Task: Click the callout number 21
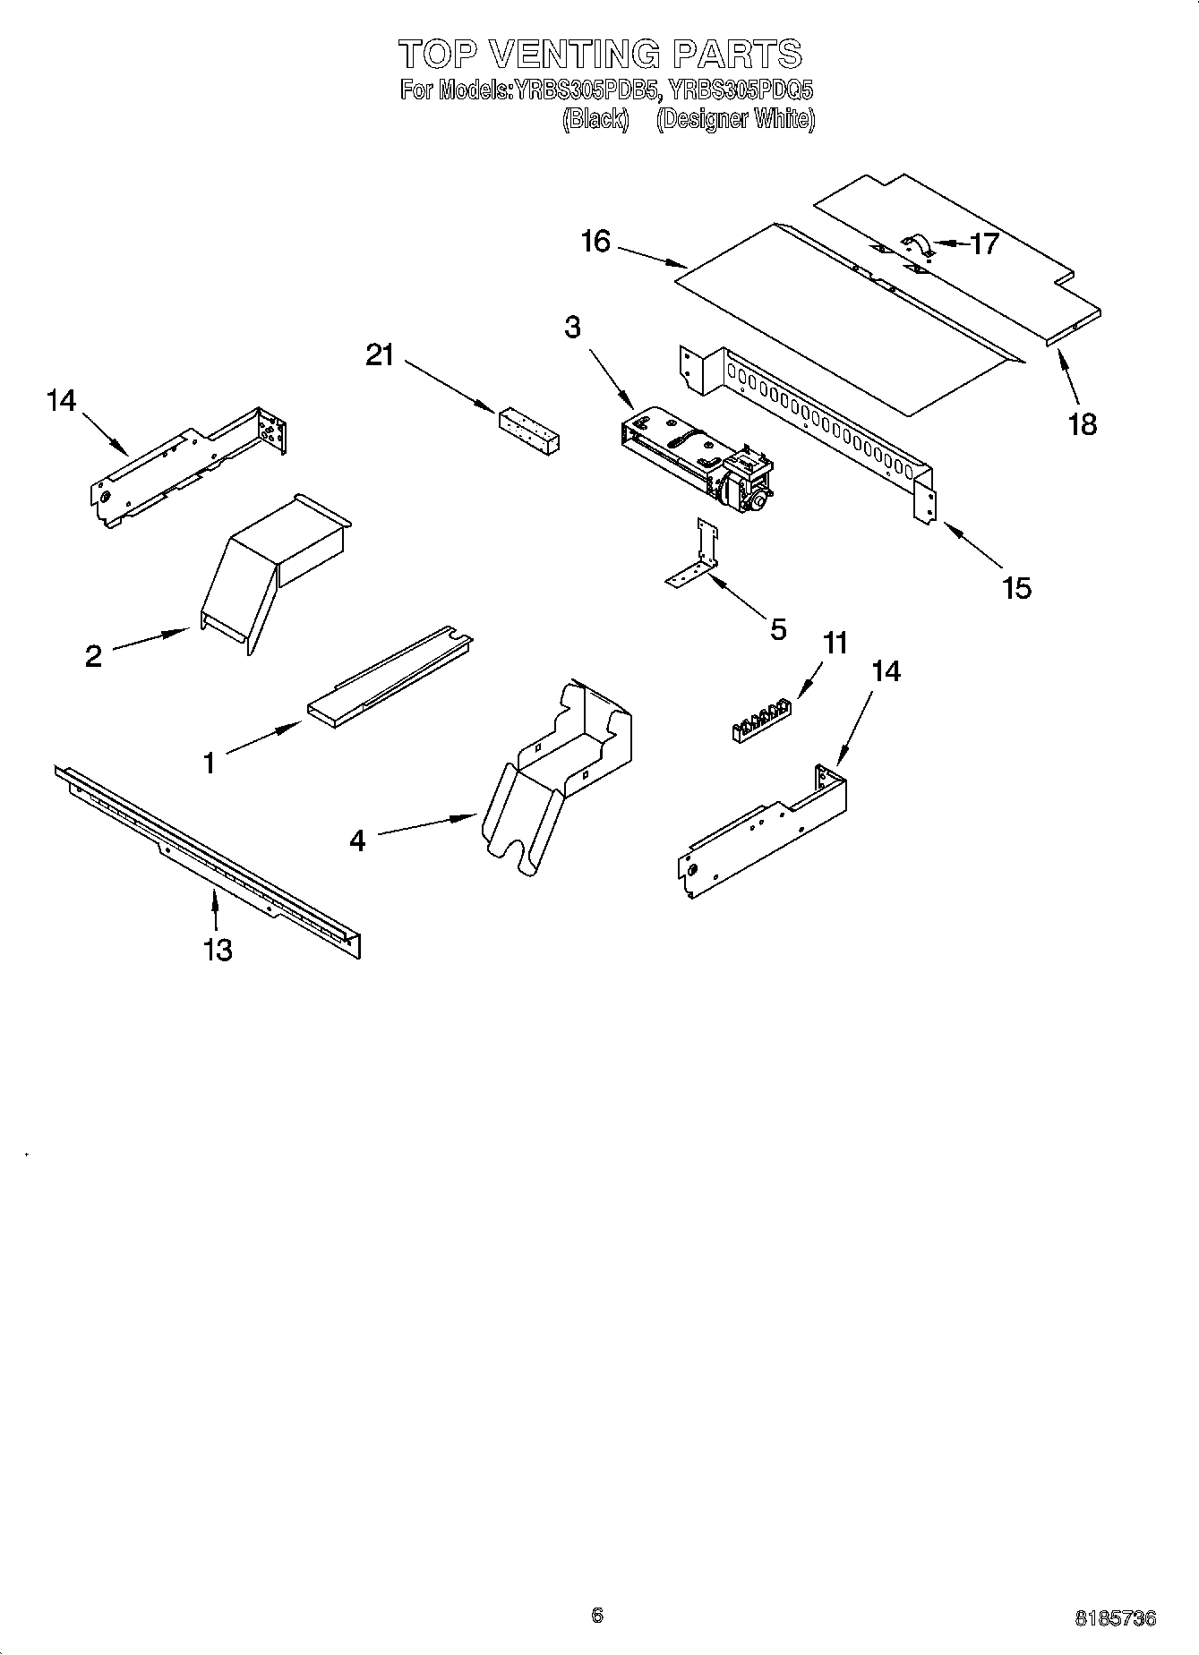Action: [380, 355]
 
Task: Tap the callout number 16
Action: [595, 242]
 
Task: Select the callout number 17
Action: [984, 243]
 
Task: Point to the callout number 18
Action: [1082, 423]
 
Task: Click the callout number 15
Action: [1017, 588]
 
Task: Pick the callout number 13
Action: [218, 949]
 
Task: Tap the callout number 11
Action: [835, 643]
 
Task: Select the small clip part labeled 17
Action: [919, 244]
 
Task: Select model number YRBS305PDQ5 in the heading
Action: [741, 90]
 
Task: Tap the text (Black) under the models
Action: [595, 119]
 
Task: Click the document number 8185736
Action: [1115, 1618]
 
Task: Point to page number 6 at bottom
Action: [597, 1615]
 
